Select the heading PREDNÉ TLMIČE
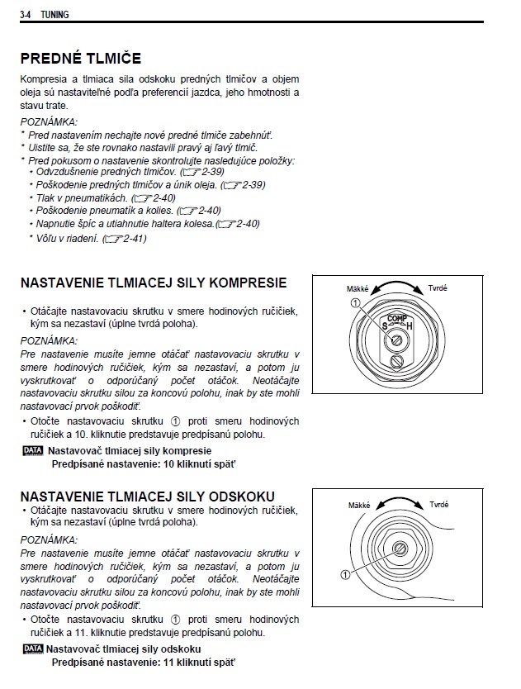tap(80, 59)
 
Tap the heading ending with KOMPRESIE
tap(154, 283)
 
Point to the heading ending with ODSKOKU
tap(148, 497)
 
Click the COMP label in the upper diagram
tap(396, 318)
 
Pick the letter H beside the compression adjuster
tap(410, 327)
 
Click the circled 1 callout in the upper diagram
tap(355, 303)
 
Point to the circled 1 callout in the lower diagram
tap(344, 573)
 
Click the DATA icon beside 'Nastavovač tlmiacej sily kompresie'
tap(33, 450)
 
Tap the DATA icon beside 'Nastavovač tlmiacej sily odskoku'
tap(33, 649)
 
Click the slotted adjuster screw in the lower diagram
tap(400, 549)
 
